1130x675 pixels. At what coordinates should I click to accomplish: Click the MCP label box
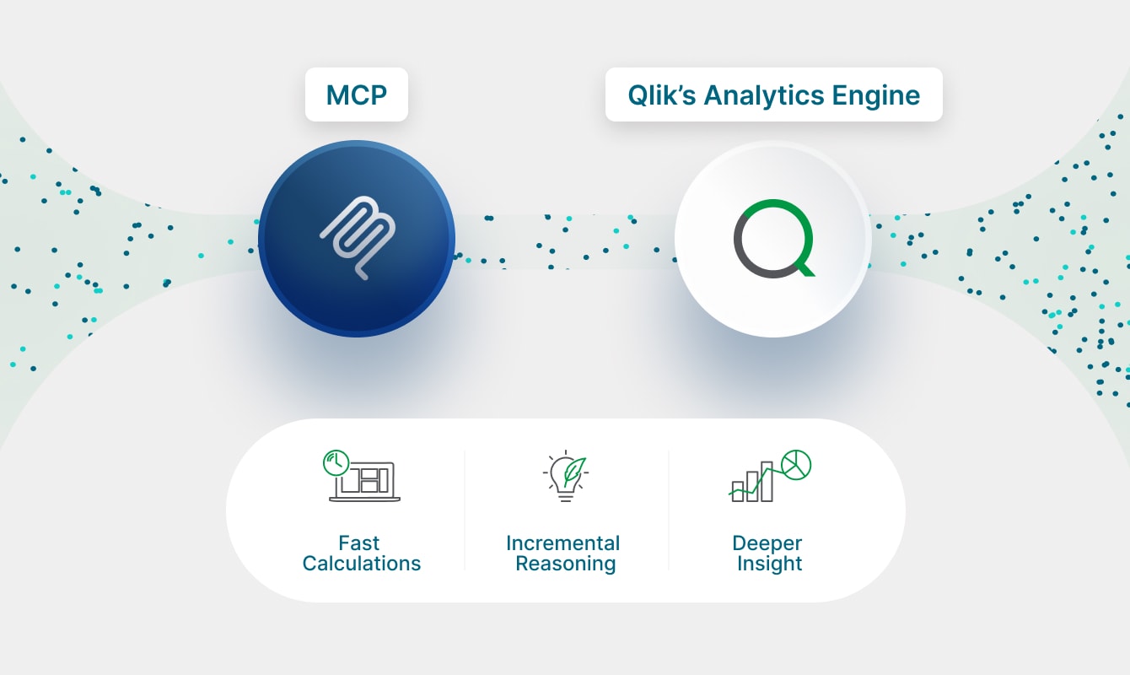coord(356,94)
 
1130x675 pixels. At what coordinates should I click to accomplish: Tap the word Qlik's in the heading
coord(661,94)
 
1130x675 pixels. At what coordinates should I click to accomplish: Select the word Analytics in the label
coord(762,94)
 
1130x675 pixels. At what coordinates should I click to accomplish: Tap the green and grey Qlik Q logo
coord(773,239)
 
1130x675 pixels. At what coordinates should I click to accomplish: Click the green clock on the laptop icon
coord(336,462)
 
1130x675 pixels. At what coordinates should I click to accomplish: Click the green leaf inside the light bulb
coord(573,468)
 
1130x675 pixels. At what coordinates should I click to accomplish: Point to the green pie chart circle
coord(795,463)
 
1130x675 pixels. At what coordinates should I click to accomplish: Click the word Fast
coord(359,543)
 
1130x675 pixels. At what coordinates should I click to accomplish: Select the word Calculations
coord(361,564)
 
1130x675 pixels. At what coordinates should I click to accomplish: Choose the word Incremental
coord(563,543)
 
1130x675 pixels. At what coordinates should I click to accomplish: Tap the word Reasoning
coord(566,564)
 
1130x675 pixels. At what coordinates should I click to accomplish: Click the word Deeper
coord(767,543)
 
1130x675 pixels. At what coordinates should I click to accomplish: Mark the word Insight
coord(769,564)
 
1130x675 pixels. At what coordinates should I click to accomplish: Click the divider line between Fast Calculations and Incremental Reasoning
coord(465,510)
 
